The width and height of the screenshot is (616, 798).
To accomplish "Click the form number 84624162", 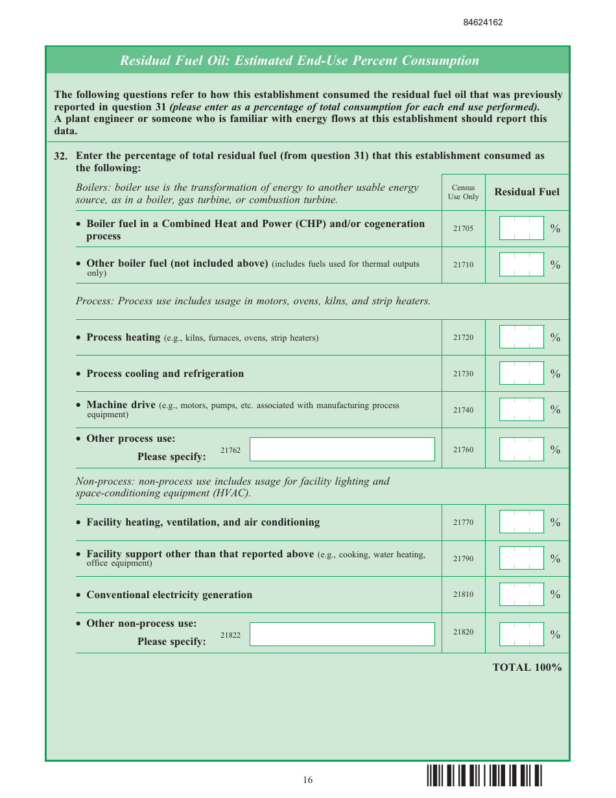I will pos(482,22).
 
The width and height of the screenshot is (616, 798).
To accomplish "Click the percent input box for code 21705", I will pos(521,228).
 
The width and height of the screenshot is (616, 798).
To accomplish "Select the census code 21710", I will pos(463,265).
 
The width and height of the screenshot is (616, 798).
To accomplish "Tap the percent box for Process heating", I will pos(521,337).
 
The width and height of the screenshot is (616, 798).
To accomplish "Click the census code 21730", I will pos(463,374).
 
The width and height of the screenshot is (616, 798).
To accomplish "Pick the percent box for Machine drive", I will pos(521,409).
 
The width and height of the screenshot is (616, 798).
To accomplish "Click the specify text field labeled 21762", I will pos(342,450).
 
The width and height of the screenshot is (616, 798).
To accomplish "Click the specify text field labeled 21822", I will pos(342,635).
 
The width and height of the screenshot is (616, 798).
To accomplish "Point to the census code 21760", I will pos(463,450).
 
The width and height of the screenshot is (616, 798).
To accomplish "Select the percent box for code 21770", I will pos(521,522).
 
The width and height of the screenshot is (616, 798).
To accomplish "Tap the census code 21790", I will pos(463,559).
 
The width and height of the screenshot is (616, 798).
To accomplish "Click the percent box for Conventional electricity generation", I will pos(521,594).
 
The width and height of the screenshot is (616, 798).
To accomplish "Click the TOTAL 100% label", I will pos(527,668).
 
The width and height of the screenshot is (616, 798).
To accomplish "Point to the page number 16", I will pos(307,780).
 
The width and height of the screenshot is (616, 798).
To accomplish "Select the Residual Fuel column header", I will pos(527,192).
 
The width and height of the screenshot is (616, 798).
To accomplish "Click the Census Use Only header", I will pos(463,192).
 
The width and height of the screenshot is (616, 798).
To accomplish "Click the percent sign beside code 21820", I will pos(555,635).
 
